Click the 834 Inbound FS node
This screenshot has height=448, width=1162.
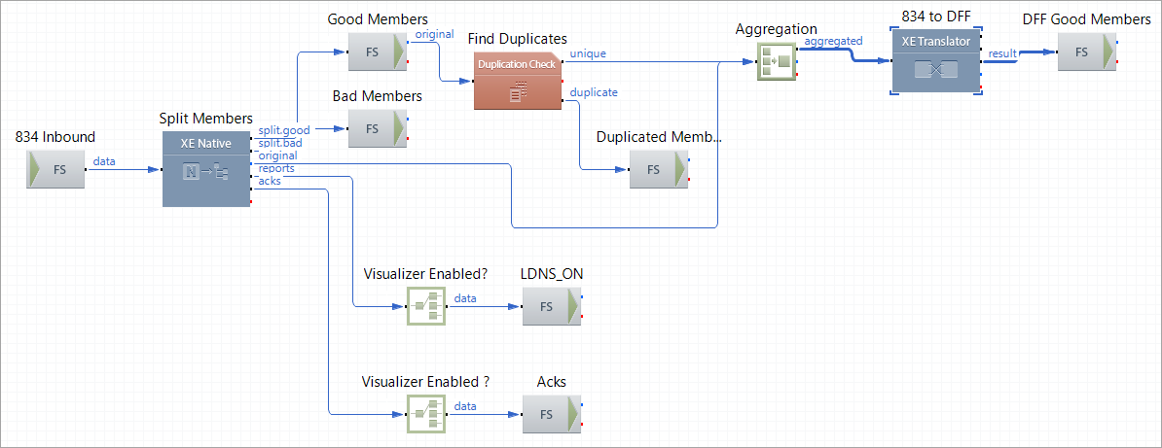tap(55, 169)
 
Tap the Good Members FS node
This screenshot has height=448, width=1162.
tap(377, 52)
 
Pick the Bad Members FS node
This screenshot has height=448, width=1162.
tap(377, 128)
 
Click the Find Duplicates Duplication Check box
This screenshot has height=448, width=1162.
tap(518, 81)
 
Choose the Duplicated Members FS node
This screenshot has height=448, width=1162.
tap(659, 169)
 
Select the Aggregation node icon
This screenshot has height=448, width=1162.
tap(777, 61)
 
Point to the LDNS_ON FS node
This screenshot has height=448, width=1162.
tap(552, 306)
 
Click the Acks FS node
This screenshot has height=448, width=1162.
tap(552, 414)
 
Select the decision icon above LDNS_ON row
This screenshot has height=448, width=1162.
tap(425, 306)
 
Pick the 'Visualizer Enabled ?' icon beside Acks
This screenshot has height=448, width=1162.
tap(425, 414)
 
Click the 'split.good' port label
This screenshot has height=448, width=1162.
tap(284, 130)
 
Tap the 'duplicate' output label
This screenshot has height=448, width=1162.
tap(594, 92)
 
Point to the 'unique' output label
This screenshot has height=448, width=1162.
tap(588, 53)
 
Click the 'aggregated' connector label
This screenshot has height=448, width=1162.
tap(834, 41)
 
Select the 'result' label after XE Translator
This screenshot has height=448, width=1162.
tap(1002, 52)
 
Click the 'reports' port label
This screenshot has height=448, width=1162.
tap(277, 168)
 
